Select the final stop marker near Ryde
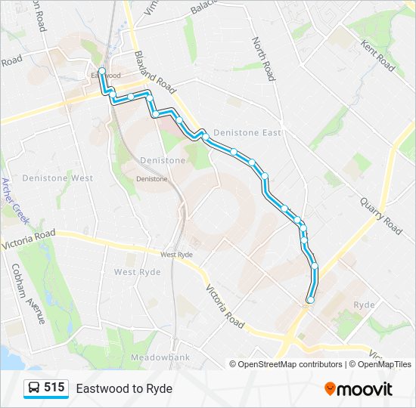coord(310,300)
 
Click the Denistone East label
coord(247,133)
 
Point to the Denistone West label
coord(57,178)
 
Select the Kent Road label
coord(378,57)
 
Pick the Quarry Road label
coord(380,215)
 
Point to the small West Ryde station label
coord(175,255)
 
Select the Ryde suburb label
coord(364,304)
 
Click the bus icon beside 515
coord(34,388)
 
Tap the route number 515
coord(54,388)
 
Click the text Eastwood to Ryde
coord(124,388)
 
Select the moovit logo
coord(359,389)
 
